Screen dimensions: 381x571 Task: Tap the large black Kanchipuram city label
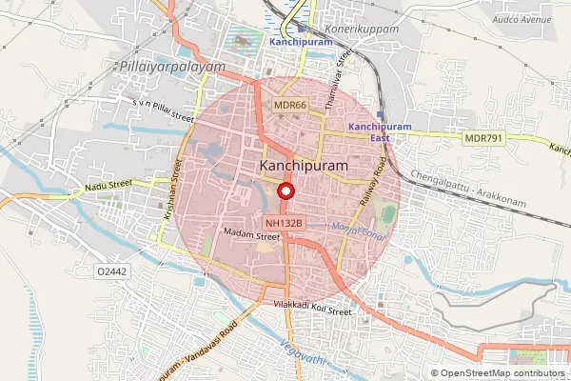pyautogui.click(x=304, y=166)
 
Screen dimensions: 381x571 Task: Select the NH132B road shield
pyautogui.click(x=285, y=223)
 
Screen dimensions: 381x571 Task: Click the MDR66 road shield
pyautogui.click(x=289, y=105)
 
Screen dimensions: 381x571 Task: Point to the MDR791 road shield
pyautogui.click(x=482, y=139)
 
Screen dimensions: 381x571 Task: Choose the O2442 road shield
pyautogui.click(x=113, y=271)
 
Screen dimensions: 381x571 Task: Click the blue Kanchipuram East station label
pyautogui.click(x=380, y=132)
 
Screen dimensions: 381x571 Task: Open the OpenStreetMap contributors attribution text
pyautogui.click(x=502, y=373)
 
